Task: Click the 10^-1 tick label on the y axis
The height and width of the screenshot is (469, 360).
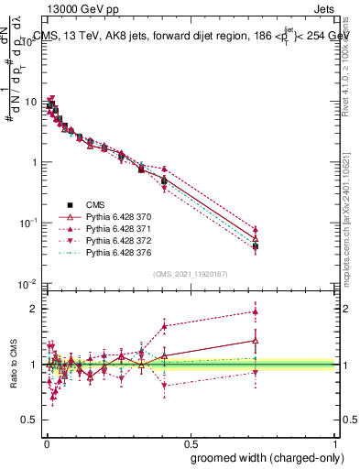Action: (x=29, y=223)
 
